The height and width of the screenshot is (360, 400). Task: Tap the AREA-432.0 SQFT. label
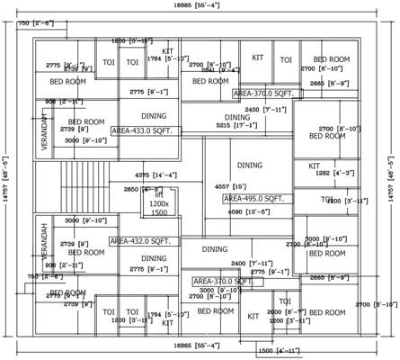tap(145, 241)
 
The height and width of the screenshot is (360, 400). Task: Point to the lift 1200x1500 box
tap(158, 206)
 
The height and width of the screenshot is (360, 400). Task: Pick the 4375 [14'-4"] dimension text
tap(154, 175)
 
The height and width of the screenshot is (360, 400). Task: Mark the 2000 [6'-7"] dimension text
tap(285, 311)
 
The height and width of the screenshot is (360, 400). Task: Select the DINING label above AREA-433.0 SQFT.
tap(154, 115)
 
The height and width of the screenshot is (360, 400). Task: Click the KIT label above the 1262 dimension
tap(314, 166)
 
